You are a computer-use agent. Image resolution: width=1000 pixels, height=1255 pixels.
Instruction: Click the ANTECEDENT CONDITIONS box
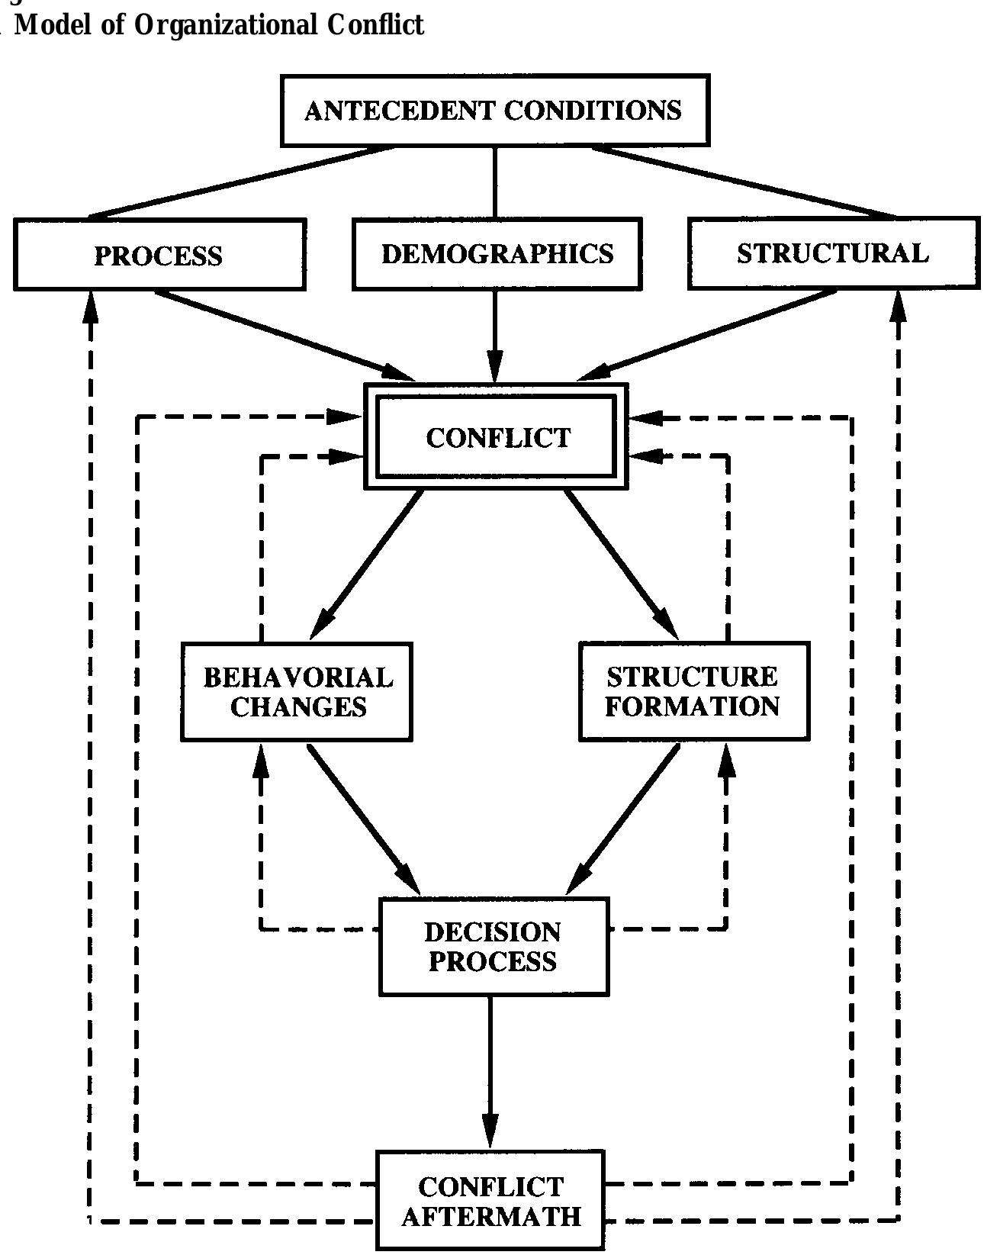pos(494,111)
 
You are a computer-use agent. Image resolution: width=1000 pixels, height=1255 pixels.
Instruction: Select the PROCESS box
pos(159,255)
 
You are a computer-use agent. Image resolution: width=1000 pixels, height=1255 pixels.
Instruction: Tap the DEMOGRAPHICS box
pos(497,253)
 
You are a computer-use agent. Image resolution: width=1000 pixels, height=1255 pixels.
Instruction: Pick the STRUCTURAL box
pos(833,253)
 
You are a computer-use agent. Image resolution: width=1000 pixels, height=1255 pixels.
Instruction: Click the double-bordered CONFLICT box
pos(497,437)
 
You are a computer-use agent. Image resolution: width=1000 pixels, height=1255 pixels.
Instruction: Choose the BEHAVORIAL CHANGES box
pos(297,691)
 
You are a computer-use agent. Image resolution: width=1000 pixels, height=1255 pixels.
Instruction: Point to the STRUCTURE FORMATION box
pos(693,691)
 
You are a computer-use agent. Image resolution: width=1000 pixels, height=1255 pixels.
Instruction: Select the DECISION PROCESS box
pos(494,946)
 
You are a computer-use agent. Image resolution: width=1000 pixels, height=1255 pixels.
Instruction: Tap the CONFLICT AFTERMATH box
pos(490,1200)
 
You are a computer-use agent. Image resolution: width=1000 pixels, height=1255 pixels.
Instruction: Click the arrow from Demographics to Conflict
pos(496,336)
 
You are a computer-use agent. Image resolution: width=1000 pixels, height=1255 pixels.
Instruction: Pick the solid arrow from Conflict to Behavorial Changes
pos(368,565)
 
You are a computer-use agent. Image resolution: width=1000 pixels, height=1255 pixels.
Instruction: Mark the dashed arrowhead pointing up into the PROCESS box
pos(91,305)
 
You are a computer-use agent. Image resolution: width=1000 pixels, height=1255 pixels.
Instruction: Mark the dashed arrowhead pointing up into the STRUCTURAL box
pos(899,305)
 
